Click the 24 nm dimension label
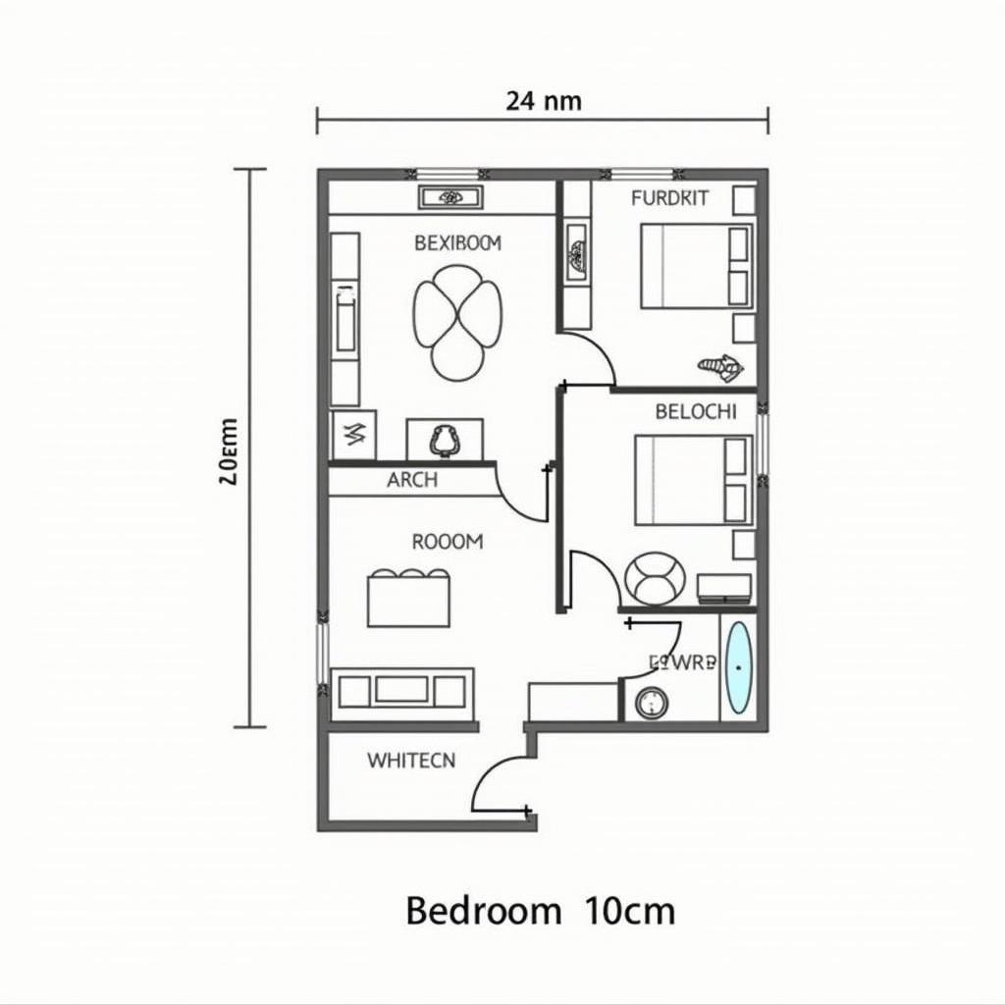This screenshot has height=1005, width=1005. (543, 100)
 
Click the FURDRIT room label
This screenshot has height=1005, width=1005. (669, 198)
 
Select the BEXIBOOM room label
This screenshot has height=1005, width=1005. (457, 242)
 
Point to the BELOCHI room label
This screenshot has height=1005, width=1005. (695, 412)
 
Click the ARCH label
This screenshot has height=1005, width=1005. (412, 481)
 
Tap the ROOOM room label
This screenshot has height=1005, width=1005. (448, 541)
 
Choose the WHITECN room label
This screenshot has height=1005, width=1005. (411, 760)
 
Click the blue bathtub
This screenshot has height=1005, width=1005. (737, 668)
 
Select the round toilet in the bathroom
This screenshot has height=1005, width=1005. (651, 703)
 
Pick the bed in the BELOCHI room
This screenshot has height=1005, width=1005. (691, 480)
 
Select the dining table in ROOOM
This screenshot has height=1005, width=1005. (409, 598)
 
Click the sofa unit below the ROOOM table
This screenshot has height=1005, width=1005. (401, 690)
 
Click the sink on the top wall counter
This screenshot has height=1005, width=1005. (450, 197)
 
